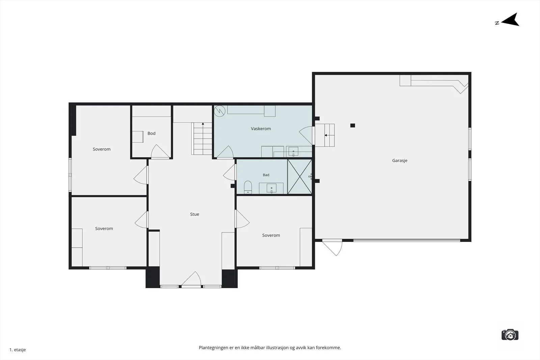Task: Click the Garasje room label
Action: [x=400, y=161]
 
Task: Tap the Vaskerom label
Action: [x=261, y=129]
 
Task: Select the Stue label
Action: [x=194, y=214]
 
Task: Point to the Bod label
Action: [x=152, y=133]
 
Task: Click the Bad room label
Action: [x=266, y=175]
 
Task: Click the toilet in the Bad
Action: [x=248, y=188]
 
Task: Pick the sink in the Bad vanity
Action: [x=271, y=188]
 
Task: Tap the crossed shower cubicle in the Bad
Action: [x=300, y=177]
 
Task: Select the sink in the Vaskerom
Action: [x=293, y=152]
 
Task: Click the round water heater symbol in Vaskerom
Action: [x=220, y=111]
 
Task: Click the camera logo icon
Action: [x=510, y=335]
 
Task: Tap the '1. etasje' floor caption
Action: [x=18, y=350]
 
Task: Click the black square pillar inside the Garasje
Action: [x=353, y=125]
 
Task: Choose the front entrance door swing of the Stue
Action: [x=191, y=279]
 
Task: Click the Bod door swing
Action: [x=160, y=151]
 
